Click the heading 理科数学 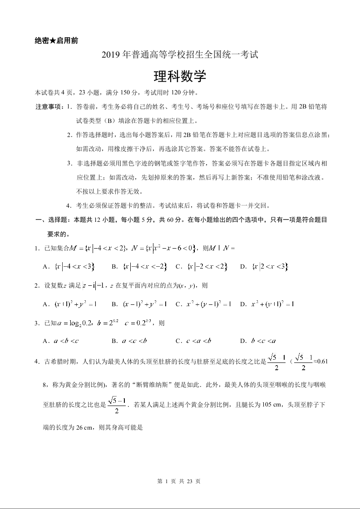pyautogui.click(x=180, y=76)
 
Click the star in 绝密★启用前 pyautogui.click(x=53, y=41)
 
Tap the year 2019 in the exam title pyautogui.click(x=110, y=56)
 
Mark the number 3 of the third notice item pyautogui.click(x=69, y=163)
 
